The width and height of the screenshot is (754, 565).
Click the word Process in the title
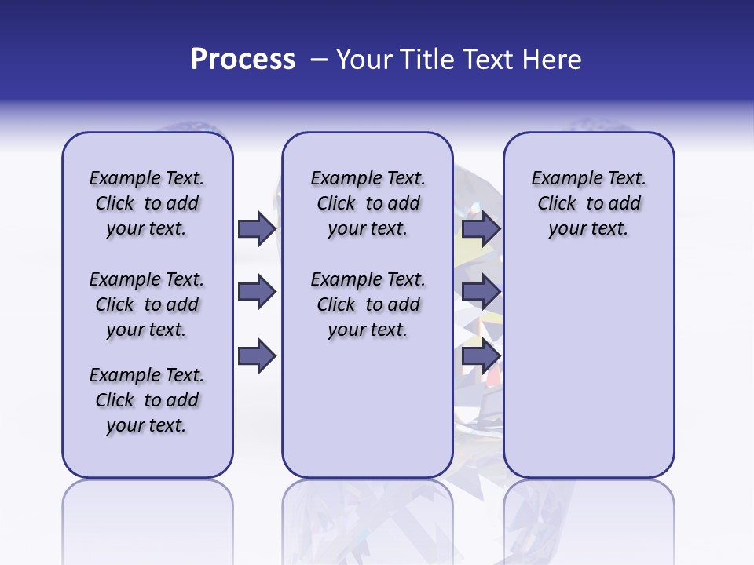point(243,60)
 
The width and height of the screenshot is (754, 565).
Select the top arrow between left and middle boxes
point(257,228)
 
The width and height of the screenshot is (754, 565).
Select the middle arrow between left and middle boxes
point(257,293)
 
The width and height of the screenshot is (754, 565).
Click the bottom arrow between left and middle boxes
point(257,356)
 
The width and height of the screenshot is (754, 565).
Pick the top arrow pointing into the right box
point(481,228)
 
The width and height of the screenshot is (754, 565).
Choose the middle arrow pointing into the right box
point(481,293)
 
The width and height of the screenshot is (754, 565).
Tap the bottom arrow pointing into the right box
point(481,356)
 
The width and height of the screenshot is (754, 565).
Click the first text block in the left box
point(147,203)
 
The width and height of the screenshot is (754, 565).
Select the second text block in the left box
point(147,304)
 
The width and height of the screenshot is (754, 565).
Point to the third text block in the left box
point(147,400)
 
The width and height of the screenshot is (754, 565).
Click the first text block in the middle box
point(368,203)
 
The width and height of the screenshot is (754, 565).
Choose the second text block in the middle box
point(368,304)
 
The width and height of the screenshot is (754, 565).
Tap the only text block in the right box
point(588,203)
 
